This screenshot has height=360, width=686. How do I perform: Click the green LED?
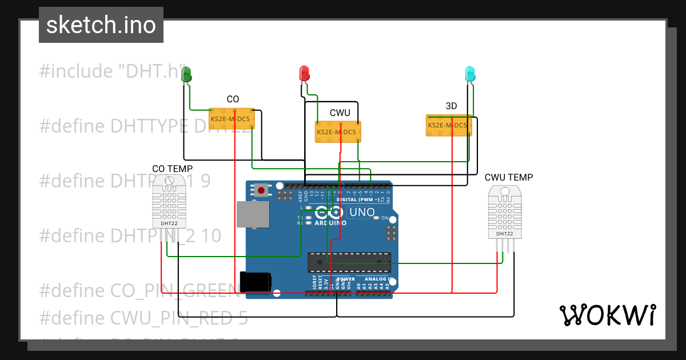coord(186,74)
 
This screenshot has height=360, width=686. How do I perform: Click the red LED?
coord(304,73)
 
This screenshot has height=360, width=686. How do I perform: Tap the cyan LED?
coord(470,73)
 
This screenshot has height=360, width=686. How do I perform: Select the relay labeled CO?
coord(232,119)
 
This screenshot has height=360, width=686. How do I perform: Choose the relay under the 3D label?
coord(449,125)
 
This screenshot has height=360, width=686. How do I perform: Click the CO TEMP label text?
coord(172,169)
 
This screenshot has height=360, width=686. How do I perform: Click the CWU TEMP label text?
coord(508,177)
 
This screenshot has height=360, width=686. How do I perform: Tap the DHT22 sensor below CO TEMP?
coord(170,203)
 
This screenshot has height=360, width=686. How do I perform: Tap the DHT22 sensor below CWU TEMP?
coord(505,214)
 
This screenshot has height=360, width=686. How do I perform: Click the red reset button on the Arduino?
coord(262,190)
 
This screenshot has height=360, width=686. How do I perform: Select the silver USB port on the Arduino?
coord(253,215)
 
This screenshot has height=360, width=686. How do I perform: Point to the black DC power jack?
coord(256,281)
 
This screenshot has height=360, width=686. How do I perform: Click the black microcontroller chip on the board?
coord(349,262)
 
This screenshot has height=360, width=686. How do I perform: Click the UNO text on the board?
coord(361,213)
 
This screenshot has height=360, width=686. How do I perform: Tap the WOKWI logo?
coord(607,315)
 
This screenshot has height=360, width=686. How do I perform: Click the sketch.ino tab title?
coord(101,25)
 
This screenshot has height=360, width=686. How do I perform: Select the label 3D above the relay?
coord(451,106)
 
